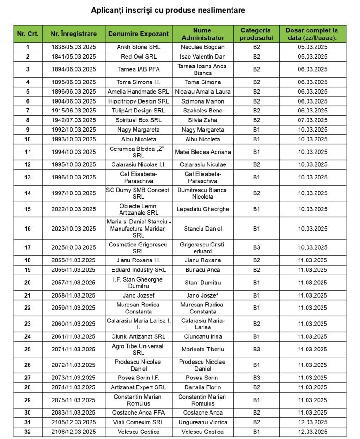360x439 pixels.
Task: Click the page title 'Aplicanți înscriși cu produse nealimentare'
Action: coord(168,10)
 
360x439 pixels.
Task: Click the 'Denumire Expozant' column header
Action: coord(138,34)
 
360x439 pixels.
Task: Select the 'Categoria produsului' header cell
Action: coord(256,34)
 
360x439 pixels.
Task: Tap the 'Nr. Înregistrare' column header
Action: coord(74,34)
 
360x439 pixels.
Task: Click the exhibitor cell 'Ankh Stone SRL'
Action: coord(138,47)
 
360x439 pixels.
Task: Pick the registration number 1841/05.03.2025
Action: coord(74,57)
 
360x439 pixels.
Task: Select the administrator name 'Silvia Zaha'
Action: coord(202,120)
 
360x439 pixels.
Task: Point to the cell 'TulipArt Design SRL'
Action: coord(138,111)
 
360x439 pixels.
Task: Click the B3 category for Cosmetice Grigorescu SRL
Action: coord(256,247)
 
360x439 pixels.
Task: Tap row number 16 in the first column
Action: coord(28,229)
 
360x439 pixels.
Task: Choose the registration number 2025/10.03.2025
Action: coord(74,247)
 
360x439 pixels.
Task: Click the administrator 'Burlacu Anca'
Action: coord(202,270)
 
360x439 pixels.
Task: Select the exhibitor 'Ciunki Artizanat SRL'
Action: coord(138,336)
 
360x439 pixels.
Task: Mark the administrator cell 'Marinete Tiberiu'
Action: coord(202,349)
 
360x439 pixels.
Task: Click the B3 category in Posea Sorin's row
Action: coord(256,378)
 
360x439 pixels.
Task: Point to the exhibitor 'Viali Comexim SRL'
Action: coord(138,422)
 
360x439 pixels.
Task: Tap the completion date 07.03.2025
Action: coord(313,120)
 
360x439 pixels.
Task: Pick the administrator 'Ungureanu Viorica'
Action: coord(202,422)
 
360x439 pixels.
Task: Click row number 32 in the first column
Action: coord(28,432)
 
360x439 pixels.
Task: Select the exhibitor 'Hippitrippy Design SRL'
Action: coord(138,101)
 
